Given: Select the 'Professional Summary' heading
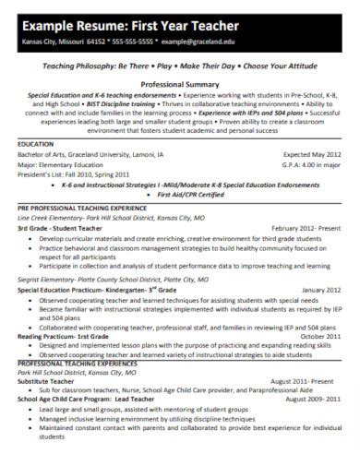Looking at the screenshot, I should click(179, 83).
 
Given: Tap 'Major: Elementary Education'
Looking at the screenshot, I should click(63, 165).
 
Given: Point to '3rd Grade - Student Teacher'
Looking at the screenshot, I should click(64, 227).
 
